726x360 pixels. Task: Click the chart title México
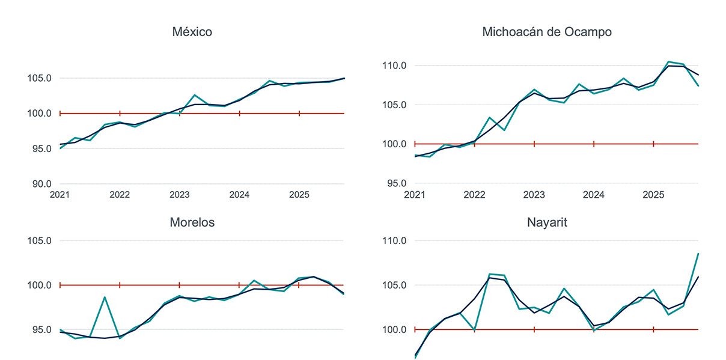[x=192, y=32]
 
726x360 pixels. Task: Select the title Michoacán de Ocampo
[x=547, y=32]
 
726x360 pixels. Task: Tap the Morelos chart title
[x=192, y=222]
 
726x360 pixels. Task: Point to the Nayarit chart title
[x=547, y=222]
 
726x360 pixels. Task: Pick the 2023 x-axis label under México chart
[x=179, y=195]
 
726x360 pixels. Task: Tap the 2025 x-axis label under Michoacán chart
[x=653, y=195]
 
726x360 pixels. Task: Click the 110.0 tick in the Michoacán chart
[x=394, y=66]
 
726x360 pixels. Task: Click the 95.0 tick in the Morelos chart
[x=39, y=330]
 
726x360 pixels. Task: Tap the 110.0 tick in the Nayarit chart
[x=394, y=241]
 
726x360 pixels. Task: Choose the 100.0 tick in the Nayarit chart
[x=394, y=330]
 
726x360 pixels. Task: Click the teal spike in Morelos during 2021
[x=105, y=297]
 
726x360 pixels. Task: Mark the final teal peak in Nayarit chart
[x=698, y=254]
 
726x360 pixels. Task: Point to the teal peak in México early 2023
[x=194, y=95]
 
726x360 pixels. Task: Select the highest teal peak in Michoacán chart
[x=668, y=61]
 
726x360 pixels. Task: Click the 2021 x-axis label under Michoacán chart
[x=415, y=195]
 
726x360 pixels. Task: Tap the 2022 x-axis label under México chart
[x=120, y=195]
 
